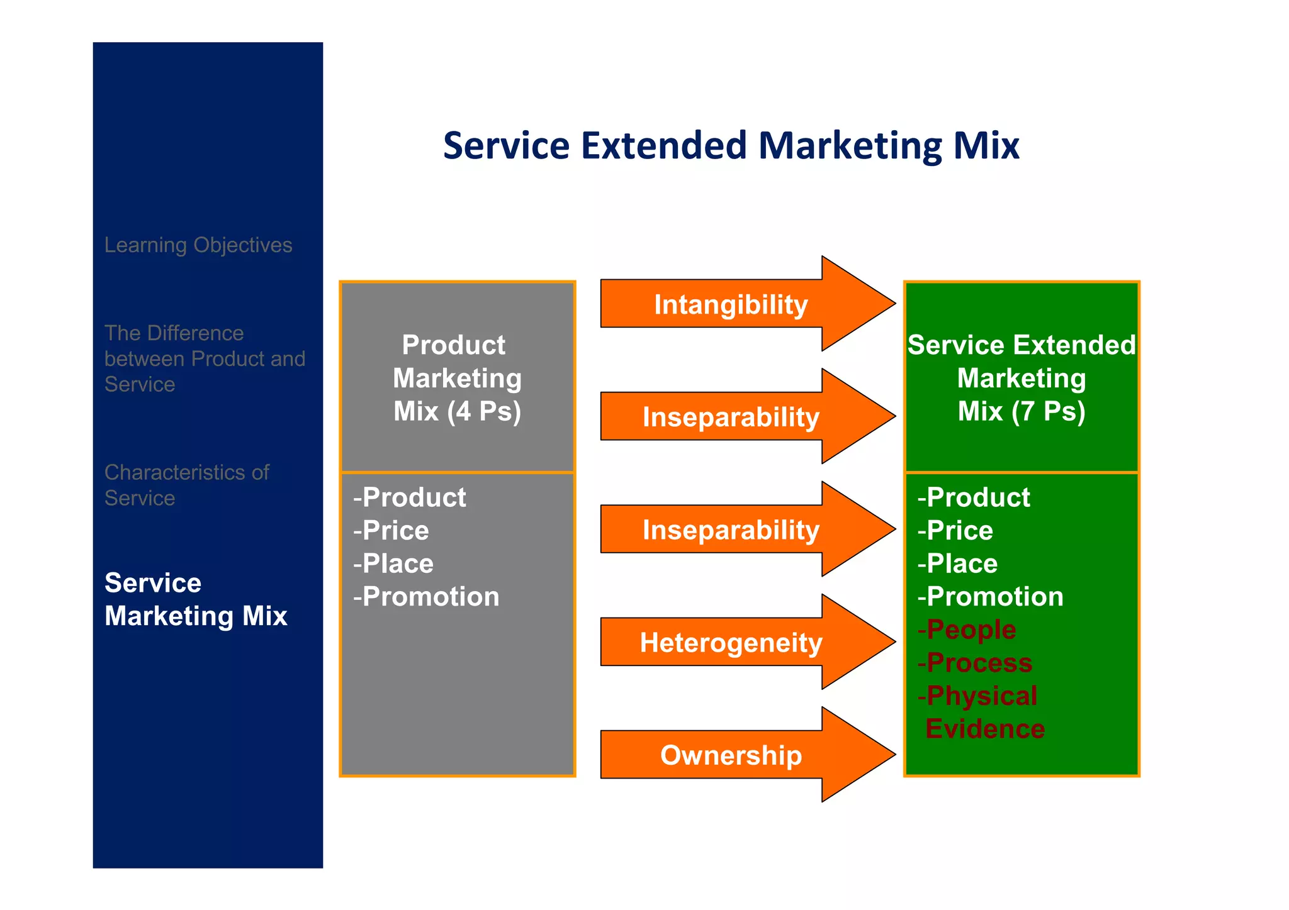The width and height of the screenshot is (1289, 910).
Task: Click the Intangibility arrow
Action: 730,304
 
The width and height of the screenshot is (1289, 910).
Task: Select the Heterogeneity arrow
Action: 730,642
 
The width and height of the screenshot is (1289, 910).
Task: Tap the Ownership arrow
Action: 730,755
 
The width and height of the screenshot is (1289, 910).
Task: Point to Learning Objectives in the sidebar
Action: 198,245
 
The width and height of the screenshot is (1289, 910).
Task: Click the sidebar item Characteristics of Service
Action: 186,485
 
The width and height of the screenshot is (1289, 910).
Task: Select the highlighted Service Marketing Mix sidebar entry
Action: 196,599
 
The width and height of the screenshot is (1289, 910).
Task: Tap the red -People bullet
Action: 967,630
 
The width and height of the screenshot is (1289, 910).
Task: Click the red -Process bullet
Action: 975,663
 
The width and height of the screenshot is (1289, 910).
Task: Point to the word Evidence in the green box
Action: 985,729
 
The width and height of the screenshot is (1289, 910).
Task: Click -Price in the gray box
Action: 391,531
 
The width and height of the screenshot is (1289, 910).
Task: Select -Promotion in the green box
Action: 990,597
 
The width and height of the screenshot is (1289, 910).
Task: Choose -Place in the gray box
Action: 393,563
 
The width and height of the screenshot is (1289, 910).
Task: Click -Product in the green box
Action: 974,497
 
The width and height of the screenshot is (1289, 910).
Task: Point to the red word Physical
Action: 981,696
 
